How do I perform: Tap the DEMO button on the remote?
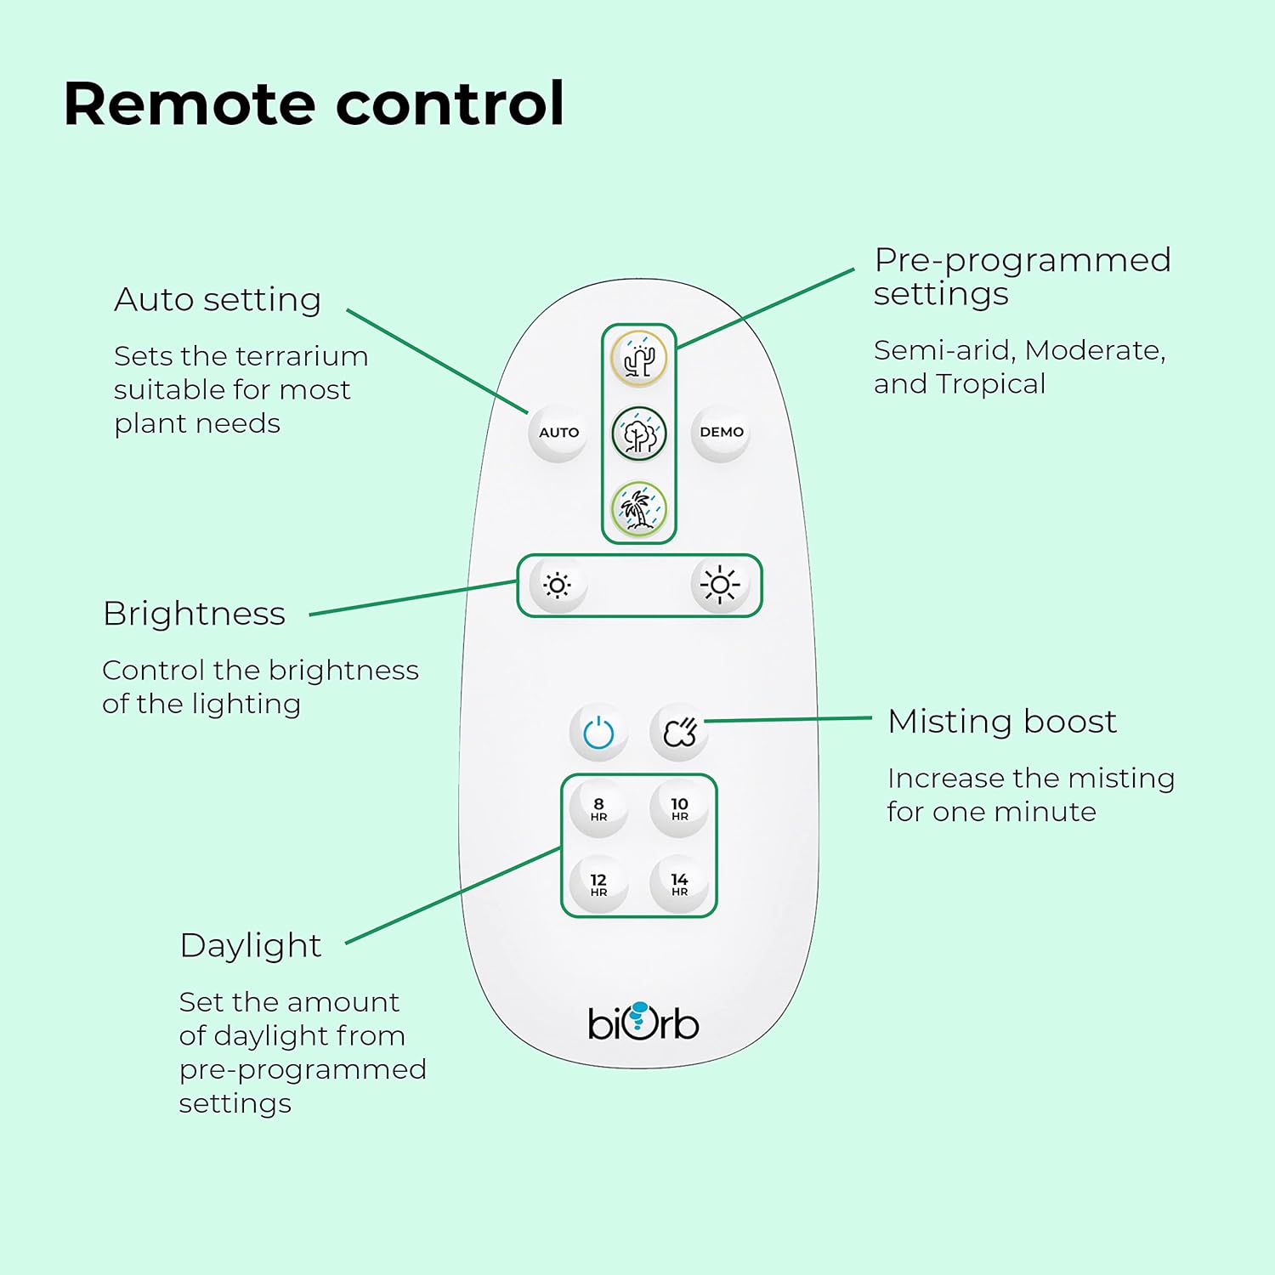tap(721, 433)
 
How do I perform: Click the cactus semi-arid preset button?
tap(639, 359)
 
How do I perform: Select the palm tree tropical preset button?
tap(639, 509)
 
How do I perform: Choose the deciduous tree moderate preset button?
tap(639, 433)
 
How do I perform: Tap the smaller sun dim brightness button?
tap(558, 585)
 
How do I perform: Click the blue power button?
tap(598, 732)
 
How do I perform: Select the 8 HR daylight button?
tap(598, 808)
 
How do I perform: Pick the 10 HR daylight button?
tap(680, 808)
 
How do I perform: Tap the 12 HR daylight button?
tap(598, 884)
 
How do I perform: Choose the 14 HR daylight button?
tap(680, 884)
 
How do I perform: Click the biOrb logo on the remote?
tap(643, 1022)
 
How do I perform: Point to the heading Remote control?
tap(314, 104)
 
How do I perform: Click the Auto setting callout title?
tap(218, 300)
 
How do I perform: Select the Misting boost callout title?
tap(1002, 722)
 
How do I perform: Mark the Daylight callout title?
tap(251, 946)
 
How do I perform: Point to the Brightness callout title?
tap(194, 614)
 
